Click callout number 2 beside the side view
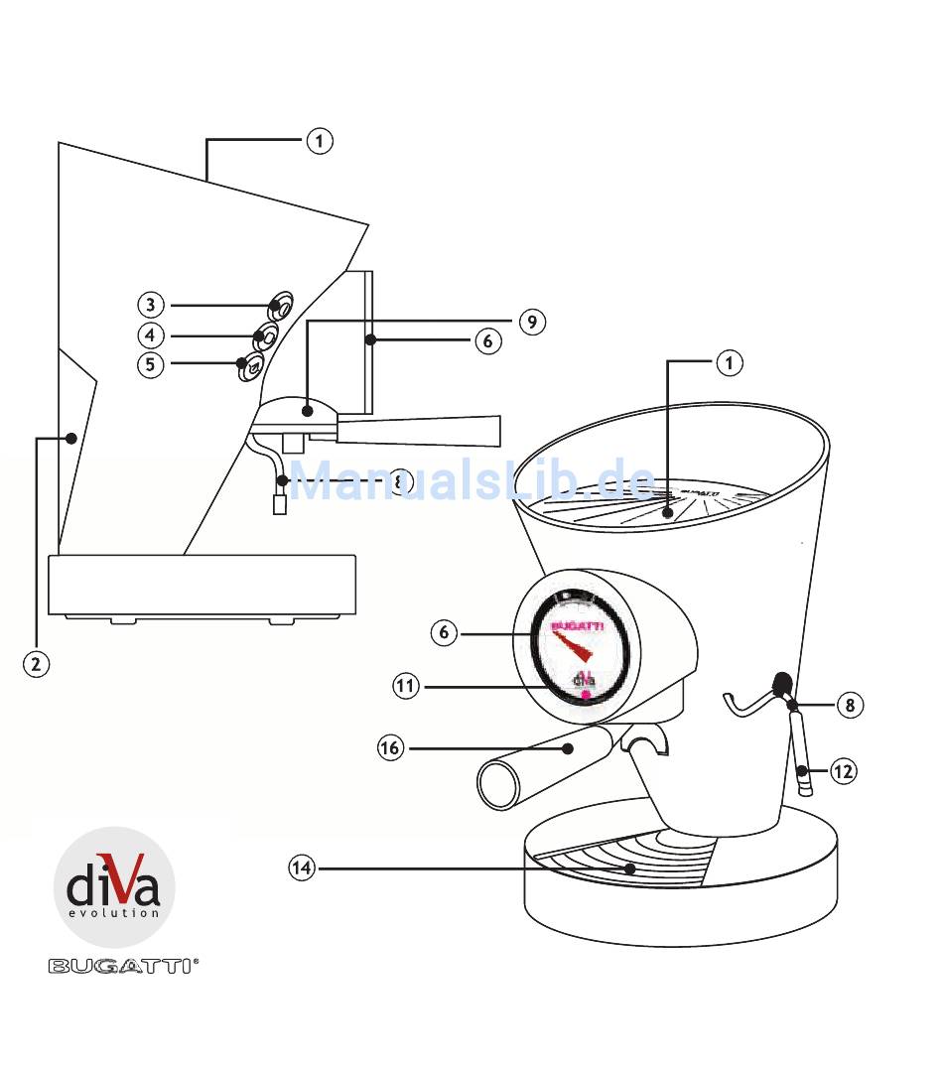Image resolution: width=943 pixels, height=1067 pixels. pos(35,664)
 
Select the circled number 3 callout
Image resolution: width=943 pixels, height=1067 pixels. pos(150,305)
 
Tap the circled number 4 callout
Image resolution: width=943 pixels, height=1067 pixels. pos(150,334)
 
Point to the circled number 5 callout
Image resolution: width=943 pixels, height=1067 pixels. pos(150,364)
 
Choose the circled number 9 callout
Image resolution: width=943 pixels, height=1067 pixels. pos(531,322)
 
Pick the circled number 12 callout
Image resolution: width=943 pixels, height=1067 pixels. pos(842,770)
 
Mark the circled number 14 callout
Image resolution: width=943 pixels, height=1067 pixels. pos(302,868)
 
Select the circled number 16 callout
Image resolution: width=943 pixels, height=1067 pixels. pos(390,747)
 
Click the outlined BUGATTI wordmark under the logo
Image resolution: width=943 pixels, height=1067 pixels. pos(123,965)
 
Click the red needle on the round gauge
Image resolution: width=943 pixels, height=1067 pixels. pos(572,649)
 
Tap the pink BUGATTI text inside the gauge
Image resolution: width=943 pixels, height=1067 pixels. pos(576,624)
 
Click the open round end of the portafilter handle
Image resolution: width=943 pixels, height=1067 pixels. pos(499,784)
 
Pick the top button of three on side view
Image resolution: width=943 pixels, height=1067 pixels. pos(281,307)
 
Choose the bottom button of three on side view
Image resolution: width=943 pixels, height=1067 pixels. pos(251,366)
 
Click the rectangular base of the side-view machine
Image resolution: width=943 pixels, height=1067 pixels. pos(202,585)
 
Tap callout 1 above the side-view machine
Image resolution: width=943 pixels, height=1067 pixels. pos(319,141)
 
